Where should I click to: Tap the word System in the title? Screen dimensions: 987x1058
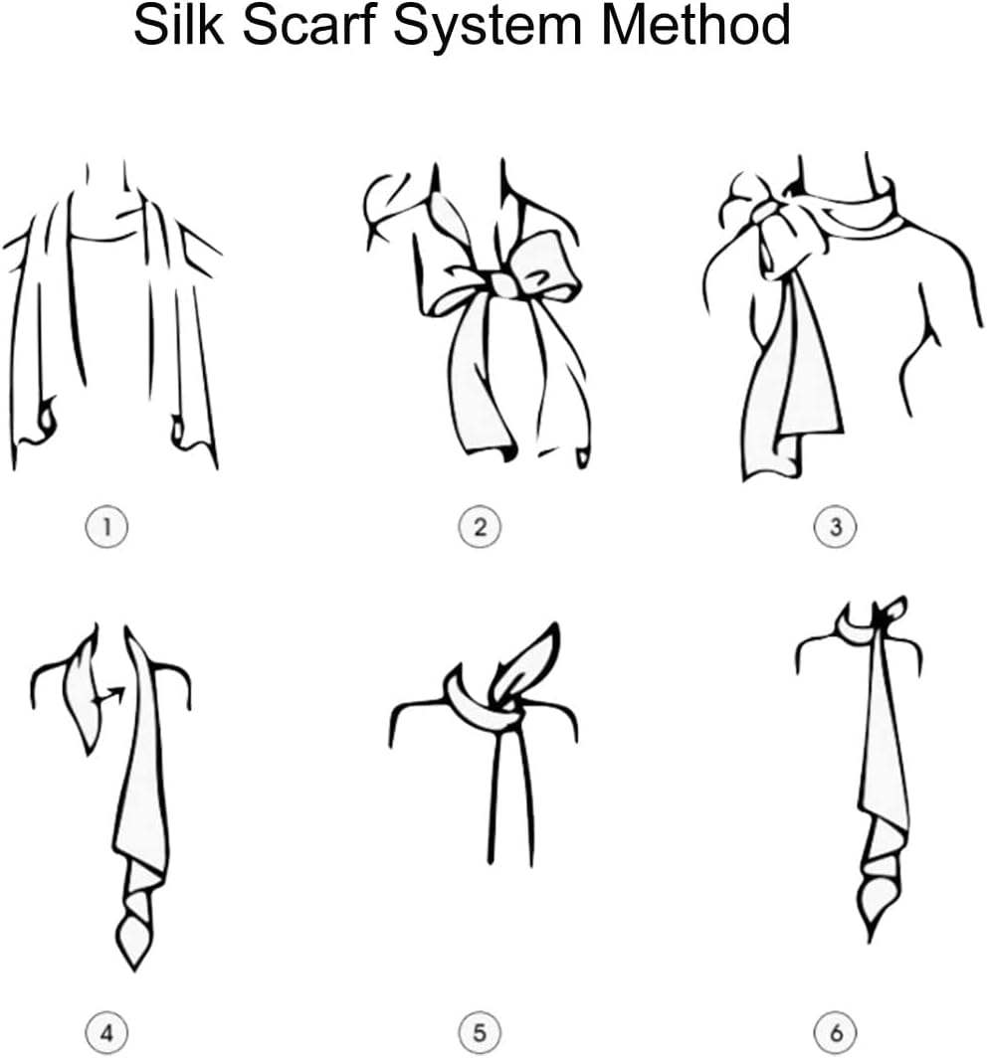coord(488,28)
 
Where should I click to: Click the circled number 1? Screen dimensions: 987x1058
coord(106,526)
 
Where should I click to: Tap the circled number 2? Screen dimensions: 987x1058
coord(480,526)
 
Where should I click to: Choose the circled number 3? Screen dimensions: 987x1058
coord(835,526)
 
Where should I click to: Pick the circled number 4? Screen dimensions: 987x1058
coord(106,1032)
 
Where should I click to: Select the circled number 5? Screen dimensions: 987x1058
coord(480,1032)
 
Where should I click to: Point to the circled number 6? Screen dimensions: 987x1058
coord(835,1032)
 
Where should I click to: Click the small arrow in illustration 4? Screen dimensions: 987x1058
coord(111,696)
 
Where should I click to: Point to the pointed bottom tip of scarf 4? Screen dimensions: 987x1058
coord(133,970)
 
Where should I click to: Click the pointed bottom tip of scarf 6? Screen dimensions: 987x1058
coord(871,942)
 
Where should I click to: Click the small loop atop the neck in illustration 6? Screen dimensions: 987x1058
coord(891,610)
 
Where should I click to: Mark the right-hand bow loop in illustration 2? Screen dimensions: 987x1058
coord(547,269)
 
